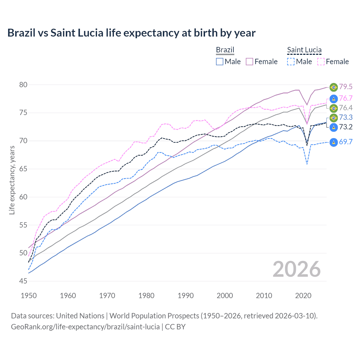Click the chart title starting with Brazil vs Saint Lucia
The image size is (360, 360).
pyautogui.click(x=131, y=33)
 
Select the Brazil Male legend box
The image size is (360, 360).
pyautogui.click(x=220, y=62)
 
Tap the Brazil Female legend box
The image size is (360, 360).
pyautogui.click(x=249, y=62)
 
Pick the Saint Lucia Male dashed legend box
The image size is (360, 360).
pyautogui.click(x=291, y=62)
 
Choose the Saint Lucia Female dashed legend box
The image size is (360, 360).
pyautogui.click(x=321, y=62)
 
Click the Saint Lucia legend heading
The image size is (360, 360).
pyautogui.click(x=304, y=50)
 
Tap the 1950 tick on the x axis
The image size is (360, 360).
pyautogui.click(x=29, y=296)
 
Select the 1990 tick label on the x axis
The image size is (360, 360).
pyautogui.click(x=186, y=296)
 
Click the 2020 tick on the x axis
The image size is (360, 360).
pyautogui.click(x=303, y=296)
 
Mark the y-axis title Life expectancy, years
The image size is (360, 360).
pyautogui.click(x=12, y=180)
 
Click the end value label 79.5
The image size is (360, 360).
pyautogui.click(x=346, y=87)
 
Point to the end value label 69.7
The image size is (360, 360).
pyautogui.click(x=346, y=142)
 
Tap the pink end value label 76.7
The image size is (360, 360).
pyautogui.click(x=346, y=98)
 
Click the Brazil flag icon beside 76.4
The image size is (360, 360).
pyautogui.click(x=334, y=108)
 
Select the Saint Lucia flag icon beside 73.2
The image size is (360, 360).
pyautogui.click(x=334, y=127)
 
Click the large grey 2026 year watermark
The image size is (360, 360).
pyautogui.click(x=297, y=269)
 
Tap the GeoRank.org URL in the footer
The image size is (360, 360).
pyautogui.click(x=85, y=327)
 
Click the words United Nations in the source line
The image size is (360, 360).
pyautogui.click(x=80, y=316)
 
